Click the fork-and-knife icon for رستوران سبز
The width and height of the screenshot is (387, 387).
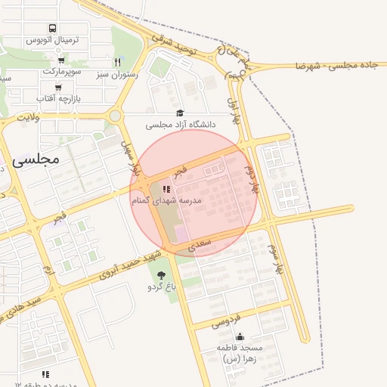click(117, 62)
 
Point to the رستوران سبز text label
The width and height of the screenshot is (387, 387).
click(116, 74)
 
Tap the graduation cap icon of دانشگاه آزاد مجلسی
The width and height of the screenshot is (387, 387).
click(179, 112)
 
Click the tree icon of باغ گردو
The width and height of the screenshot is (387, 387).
click(161, 275)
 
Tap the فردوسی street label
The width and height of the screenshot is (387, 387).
click(225, 320)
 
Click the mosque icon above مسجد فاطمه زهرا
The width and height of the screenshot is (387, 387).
click(240, 336)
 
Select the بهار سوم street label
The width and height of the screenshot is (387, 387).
click(277, 257)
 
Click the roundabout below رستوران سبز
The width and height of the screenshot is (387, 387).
click(115, 116)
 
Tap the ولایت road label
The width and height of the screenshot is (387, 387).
click(27, 117)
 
